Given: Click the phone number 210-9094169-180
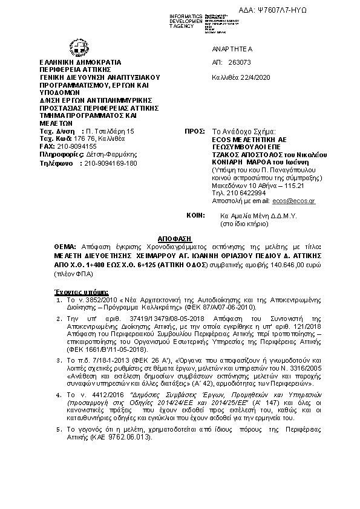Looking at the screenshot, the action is click(x=110, y=163).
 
